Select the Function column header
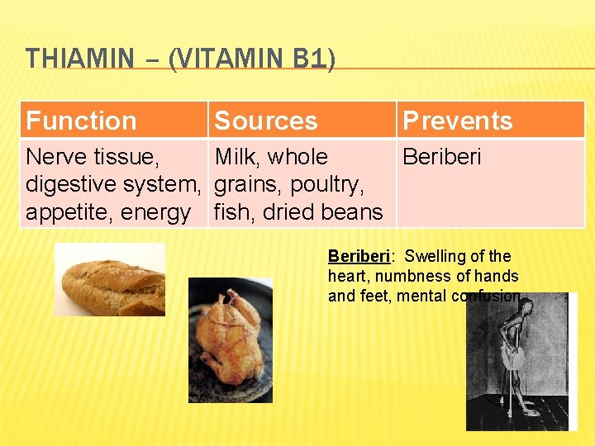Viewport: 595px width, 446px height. click(81, 121)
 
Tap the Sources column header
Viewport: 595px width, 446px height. click(265, 121)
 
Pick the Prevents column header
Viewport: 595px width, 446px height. click(457, 121)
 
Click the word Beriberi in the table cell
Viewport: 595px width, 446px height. click(441, 157)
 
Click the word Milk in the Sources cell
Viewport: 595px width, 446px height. click(237, 157)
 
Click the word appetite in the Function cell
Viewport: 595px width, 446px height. click(68, 212)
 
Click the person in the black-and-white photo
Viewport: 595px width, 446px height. click(512, 355)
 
